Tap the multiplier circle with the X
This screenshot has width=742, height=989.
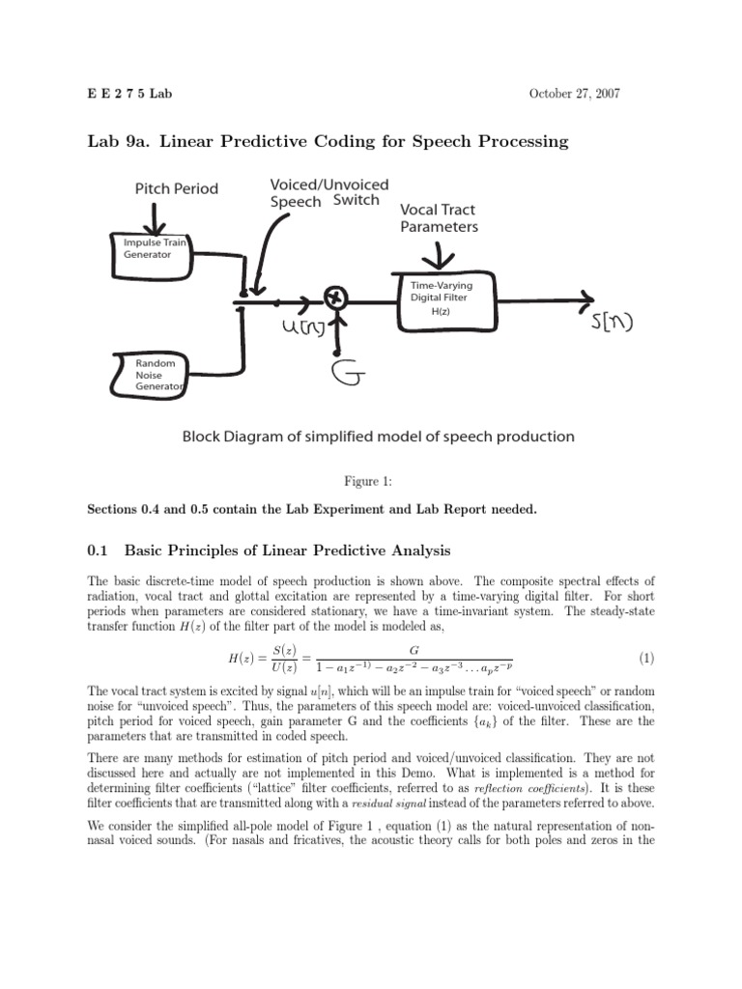pos(335,299)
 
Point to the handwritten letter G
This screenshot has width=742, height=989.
pos(345,370)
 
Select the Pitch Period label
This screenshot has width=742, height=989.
pos(176,188)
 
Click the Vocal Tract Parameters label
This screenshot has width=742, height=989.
pos(439,218)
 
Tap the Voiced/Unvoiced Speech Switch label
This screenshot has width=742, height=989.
pos(329,192)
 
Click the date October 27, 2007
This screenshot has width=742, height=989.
pos(575,94)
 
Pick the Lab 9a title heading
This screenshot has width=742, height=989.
pos(328,142)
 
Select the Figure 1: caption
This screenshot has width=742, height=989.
pos(371,478)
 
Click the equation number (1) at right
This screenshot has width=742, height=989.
pos(646,659)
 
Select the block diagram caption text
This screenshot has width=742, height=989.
pos(379,437)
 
